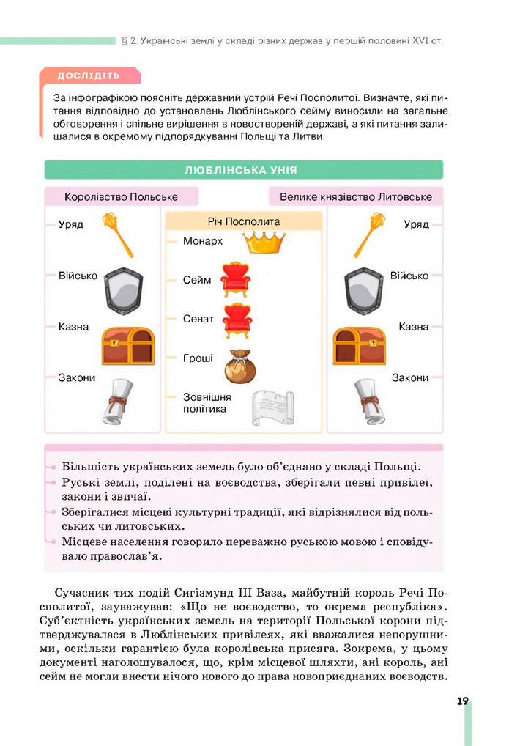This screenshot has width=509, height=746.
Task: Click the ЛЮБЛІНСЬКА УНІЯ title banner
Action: click(243, 170)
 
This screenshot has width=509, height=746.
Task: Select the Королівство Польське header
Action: click(121, 197)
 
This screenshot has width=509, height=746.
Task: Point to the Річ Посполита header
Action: click(244, 221)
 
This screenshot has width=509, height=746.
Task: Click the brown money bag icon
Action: click(239, 366)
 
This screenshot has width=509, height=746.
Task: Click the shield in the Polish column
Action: click(122, 290)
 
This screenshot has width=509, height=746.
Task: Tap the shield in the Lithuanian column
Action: click(365, 290)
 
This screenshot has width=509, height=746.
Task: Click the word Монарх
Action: click(203, 240)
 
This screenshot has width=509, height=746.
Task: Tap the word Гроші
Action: click(198, 358)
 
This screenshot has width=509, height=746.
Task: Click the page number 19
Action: click(462, 701)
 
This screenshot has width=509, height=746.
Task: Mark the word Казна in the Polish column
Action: click(73, 327)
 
